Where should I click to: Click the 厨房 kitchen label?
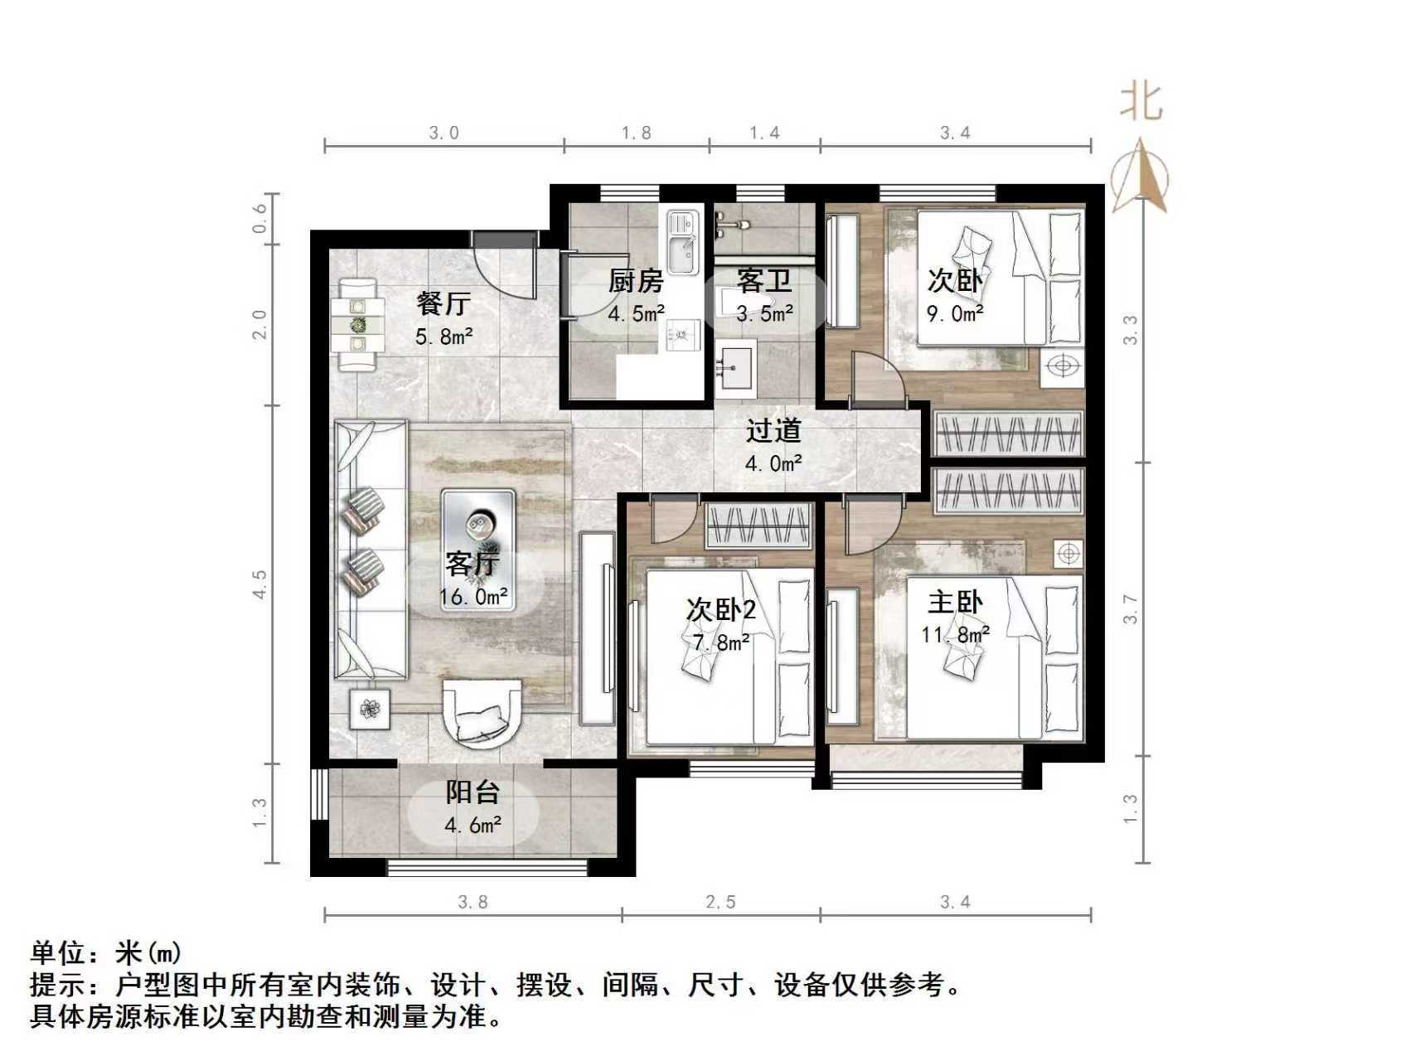[x=636, y=281]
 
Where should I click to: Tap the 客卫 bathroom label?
[x=764, y=281]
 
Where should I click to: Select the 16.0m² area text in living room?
[x=473, y=597]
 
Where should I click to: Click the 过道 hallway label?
[x=773, y=431]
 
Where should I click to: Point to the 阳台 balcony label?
[x=472, y=792]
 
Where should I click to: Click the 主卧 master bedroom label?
[x=955, y=602]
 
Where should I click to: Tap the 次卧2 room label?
[x=721, y=610]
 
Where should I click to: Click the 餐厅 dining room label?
[x=443, y=303]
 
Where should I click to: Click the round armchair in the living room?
[x=483, y=713]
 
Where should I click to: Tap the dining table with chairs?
[x=358, y=324]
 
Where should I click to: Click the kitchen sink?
[x=684, y=240]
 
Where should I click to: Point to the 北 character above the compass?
[x=1141, y=103]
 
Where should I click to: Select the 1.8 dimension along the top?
[x=637, y=133]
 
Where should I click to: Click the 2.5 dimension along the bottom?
[x=720, y=902]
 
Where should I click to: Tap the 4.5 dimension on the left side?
[x=260, y=584]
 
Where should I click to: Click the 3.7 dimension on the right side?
[x=1131, y=609]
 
